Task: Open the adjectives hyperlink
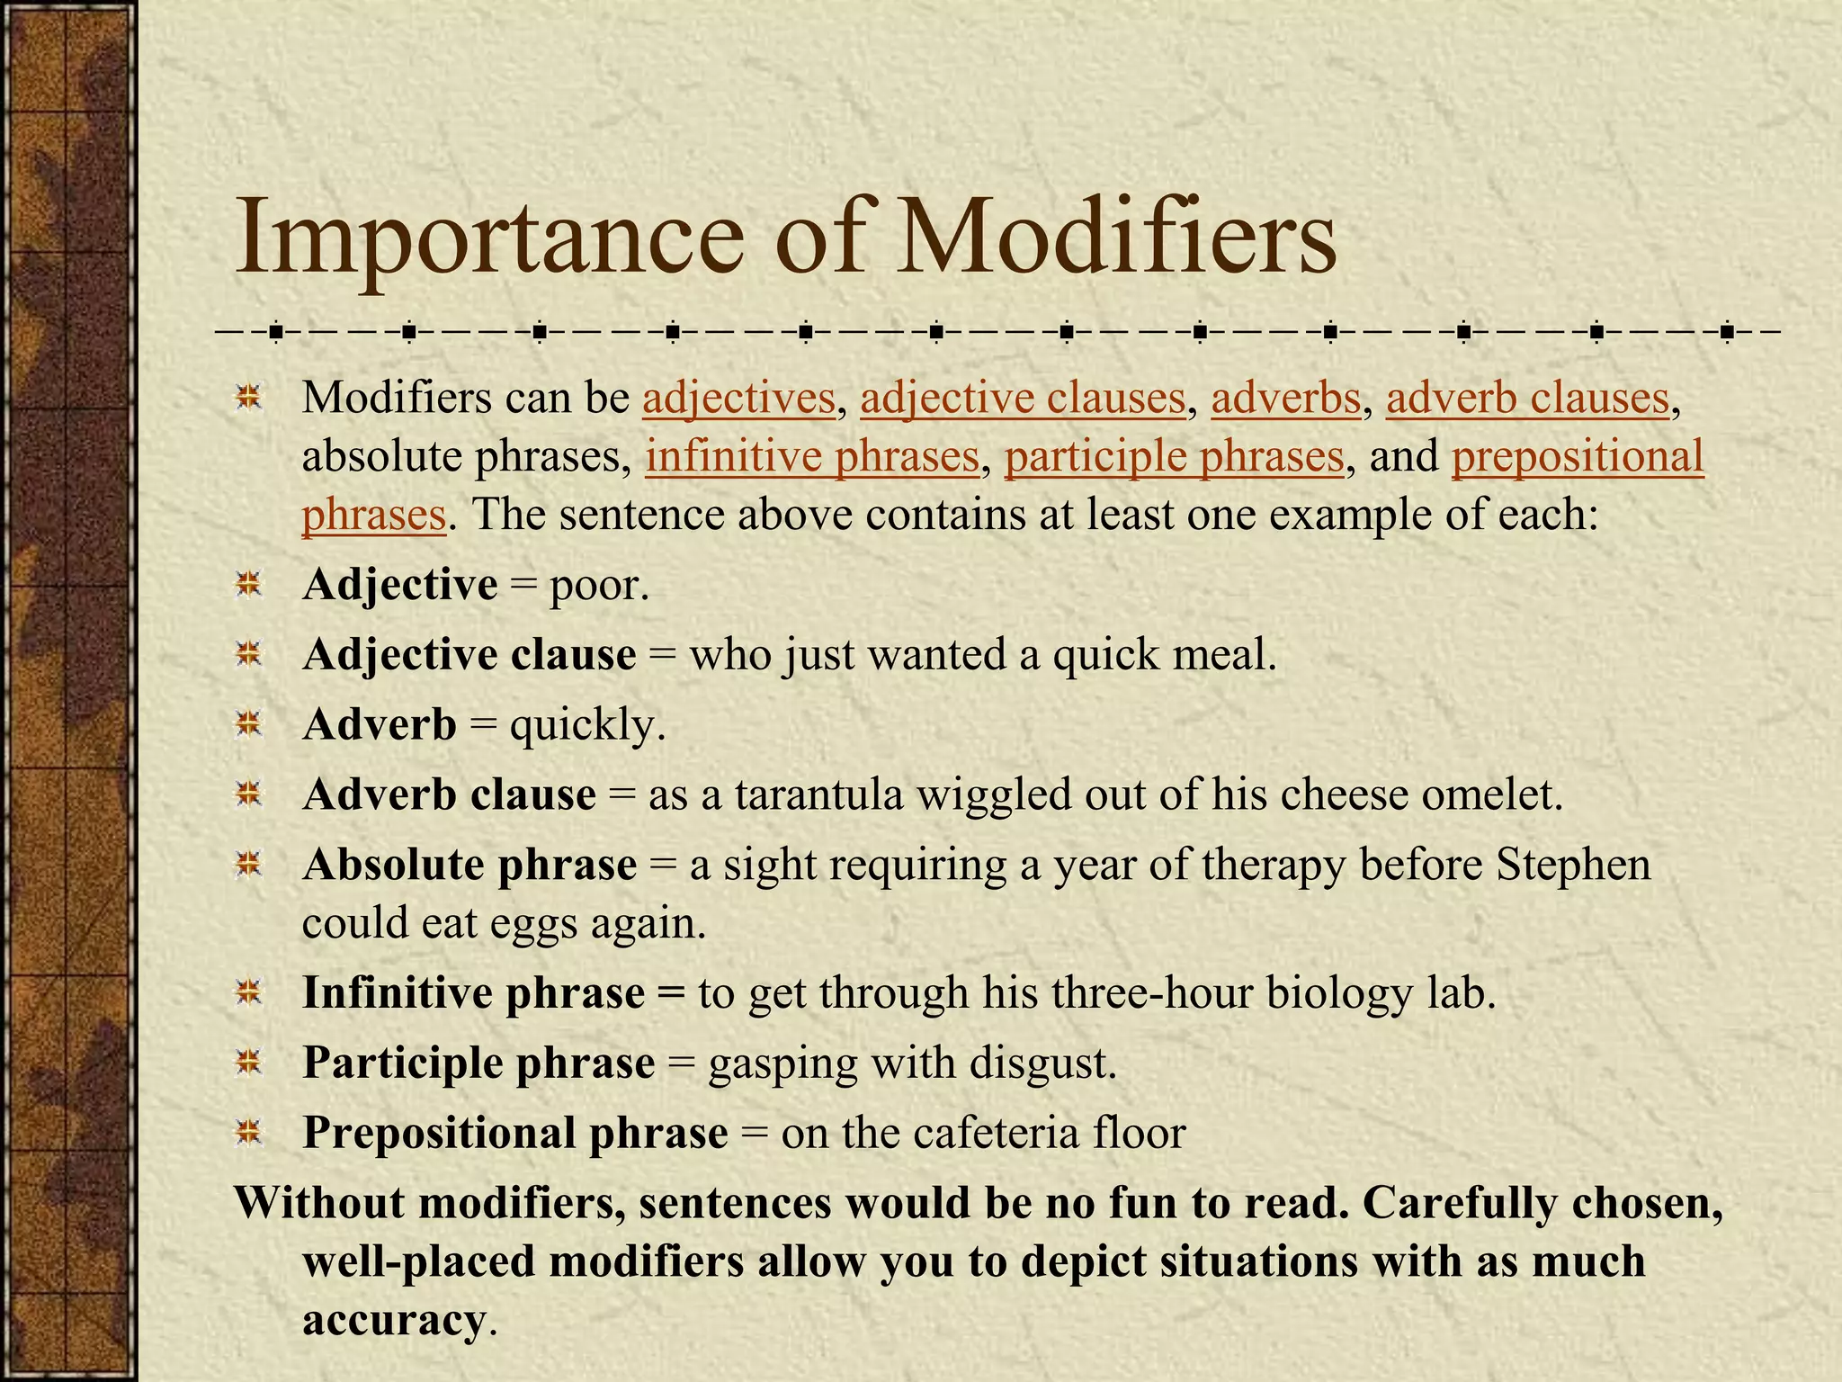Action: tap(738, 399)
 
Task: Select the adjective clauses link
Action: tap(1023, 399)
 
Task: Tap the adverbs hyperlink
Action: tap(1285, 399)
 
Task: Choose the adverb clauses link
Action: tap(1527, 399)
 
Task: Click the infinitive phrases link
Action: tap(811, 456)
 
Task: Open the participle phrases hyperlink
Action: tap(1174, 456)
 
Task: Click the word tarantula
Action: tap(818, 795)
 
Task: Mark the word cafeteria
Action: tap(996, 1133)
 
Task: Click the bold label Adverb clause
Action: tap(449, 795)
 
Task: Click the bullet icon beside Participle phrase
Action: tap(248, 1063)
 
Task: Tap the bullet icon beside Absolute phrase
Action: tap(248, 865)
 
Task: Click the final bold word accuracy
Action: tap(393, 1321)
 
